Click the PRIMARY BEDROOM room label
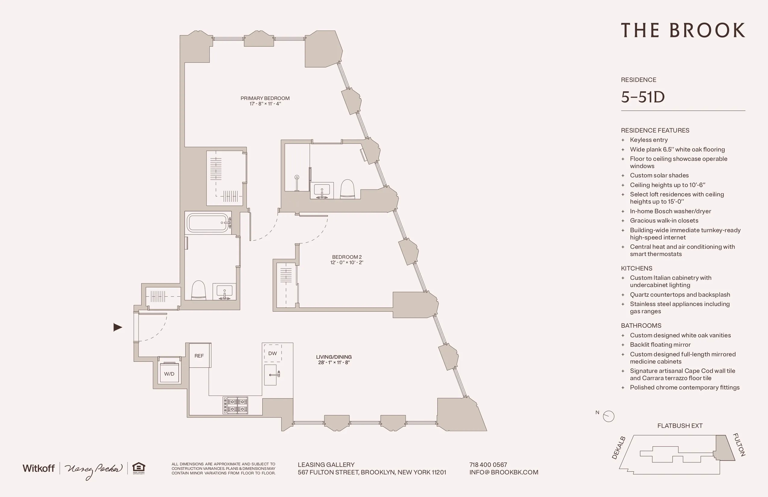click(265, 98)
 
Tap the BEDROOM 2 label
click(347, 257)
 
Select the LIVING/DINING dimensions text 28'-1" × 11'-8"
click(334, 362)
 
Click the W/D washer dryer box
click(169, 374)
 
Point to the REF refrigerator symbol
click(199, 356)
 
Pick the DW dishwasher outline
click(273, 353)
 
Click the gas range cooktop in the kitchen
click(236, 405)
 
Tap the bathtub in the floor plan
click(208, 223)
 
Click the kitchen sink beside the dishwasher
click(271, 375)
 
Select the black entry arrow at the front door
click(118, 327)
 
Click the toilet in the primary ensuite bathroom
click(348, 189)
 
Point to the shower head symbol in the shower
click(297, 177)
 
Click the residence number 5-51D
click(642, 97)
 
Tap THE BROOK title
click(683, 30)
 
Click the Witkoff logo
click(39, 468)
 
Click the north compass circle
click(609, 416)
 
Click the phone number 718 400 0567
click(488, 464)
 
